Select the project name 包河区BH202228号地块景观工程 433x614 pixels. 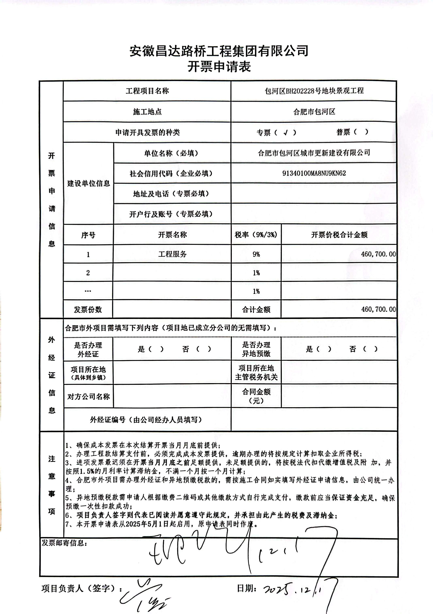314,91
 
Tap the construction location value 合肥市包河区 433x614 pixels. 314,112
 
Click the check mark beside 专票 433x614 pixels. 286,132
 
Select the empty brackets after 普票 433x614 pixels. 361,132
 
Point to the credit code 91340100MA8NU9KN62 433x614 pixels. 314,173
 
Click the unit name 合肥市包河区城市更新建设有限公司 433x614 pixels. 314,153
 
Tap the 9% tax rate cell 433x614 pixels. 256,254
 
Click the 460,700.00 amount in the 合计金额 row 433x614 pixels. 378,309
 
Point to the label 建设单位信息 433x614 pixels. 88,183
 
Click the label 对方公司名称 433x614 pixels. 88,397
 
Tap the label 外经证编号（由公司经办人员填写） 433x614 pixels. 146,420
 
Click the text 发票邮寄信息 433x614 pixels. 64,543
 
